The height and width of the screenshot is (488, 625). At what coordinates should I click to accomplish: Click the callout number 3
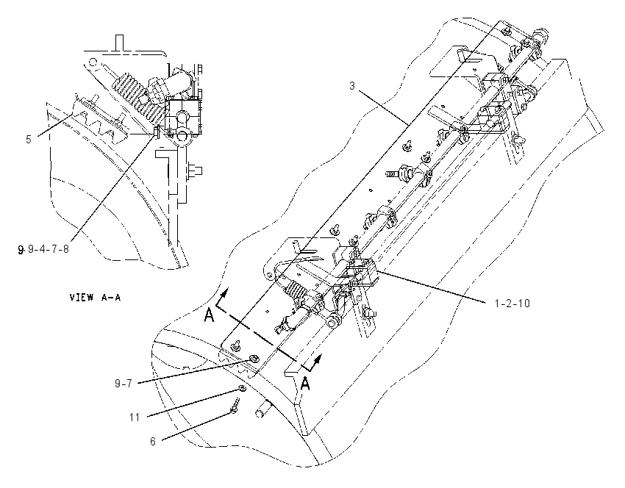click(352, 86)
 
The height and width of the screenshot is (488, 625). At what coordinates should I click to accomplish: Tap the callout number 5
click(28, 140)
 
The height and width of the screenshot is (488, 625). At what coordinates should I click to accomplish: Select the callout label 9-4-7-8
click(49, 250)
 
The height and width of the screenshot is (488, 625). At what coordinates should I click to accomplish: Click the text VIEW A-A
click(95, 297)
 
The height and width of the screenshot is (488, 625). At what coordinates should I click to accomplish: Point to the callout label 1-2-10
click(512, 304)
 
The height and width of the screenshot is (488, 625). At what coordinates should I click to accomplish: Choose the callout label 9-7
click(124, 384)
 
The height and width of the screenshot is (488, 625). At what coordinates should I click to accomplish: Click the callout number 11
click(135, 417)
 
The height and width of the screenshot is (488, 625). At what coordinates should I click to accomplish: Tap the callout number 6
click(153, 442)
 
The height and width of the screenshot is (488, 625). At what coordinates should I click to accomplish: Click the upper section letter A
click(209, 315)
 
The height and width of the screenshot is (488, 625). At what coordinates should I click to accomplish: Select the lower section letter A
click(305, 384)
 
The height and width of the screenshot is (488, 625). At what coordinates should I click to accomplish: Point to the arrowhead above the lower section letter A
click(318, 359)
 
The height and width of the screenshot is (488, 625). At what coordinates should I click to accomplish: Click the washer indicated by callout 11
click(242, 388)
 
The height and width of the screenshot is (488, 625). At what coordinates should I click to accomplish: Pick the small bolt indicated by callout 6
click(235, 406)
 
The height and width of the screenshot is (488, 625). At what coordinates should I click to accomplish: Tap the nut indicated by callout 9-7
click(252, 358)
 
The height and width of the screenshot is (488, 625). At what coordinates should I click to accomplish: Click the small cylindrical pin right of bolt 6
click(261, 410)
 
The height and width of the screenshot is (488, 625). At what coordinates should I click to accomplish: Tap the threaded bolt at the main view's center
click(398, 173)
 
